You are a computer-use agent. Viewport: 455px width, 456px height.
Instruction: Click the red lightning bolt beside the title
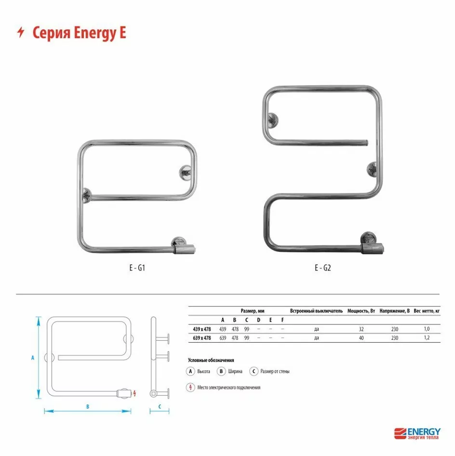(x=21, y=32)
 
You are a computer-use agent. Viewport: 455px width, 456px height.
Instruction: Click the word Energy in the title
(x=94, y=33)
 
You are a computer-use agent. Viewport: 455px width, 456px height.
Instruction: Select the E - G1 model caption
(x=137, y=268)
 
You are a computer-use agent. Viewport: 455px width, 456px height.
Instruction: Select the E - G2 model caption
(x=323, y=268)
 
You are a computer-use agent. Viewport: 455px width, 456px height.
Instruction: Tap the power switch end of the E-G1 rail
(x=184, y=249)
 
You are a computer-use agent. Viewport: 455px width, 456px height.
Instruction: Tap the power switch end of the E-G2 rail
(x=373, y=248)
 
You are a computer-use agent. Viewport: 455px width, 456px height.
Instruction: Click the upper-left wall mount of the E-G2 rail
(x=273, y=120)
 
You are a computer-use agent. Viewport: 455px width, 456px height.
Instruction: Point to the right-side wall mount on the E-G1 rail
(x=186, y=173)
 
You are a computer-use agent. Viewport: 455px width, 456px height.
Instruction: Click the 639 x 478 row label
(x=202, y=338)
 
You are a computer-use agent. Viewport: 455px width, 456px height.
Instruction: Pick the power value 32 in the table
(x=361, y=329)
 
